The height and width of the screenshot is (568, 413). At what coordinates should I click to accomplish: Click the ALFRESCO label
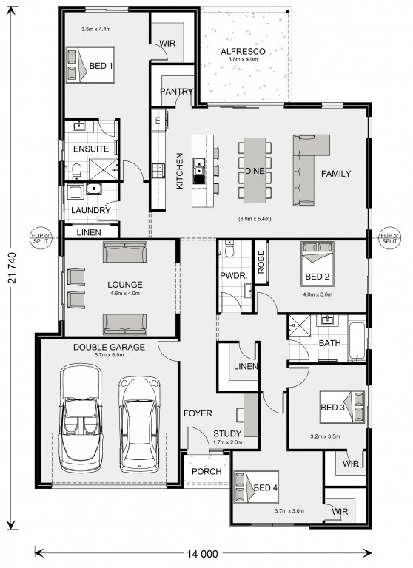tap(243, 52)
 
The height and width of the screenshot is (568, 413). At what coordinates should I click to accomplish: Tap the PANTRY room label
tap(177, 91)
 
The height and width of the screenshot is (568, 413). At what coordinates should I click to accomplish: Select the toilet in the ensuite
tap(77, 171)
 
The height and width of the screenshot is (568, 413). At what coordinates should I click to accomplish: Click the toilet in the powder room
tap(230, 249)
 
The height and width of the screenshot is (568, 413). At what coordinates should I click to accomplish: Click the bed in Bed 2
tap(317, 264)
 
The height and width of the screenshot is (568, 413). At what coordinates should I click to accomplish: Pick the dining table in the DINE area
tap(255, 170)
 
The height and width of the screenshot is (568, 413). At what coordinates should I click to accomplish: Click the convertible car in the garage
tap(81, 419)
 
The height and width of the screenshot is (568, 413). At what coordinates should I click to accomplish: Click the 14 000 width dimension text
tap(202, 554)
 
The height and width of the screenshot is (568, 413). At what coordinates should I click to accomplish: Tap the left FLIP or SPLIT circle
tap(40, 238)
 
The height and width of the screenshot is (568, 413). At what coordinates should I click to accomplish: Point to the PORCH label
tap(206, 471)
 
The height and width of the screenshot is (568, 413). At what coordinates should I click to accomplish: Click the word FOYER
tap(198, 413)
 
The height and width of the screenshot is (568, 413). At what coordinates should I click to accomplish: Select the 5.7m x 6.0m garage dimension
tap(109, 355)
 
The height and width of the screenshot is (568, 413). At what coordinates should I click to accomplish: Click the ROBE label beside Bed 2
tap(261, 263)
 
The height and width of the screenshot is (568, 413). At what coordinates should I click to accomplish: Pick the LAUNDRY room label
tap(90, 210)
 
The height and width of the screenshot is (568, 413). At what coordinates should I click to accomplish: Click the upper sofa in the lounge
tap(125, 251)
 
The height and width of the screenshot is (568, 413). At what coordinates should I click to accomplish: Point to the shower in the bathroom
tap(300, 328)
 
